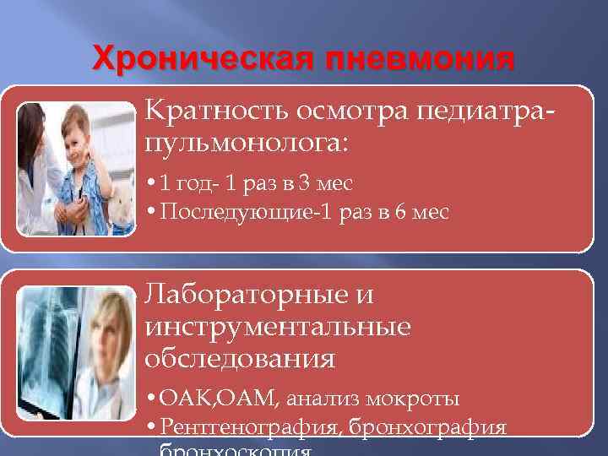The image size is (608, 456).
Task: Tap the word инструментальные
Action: pyautogui.click(x=278, y=326)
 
